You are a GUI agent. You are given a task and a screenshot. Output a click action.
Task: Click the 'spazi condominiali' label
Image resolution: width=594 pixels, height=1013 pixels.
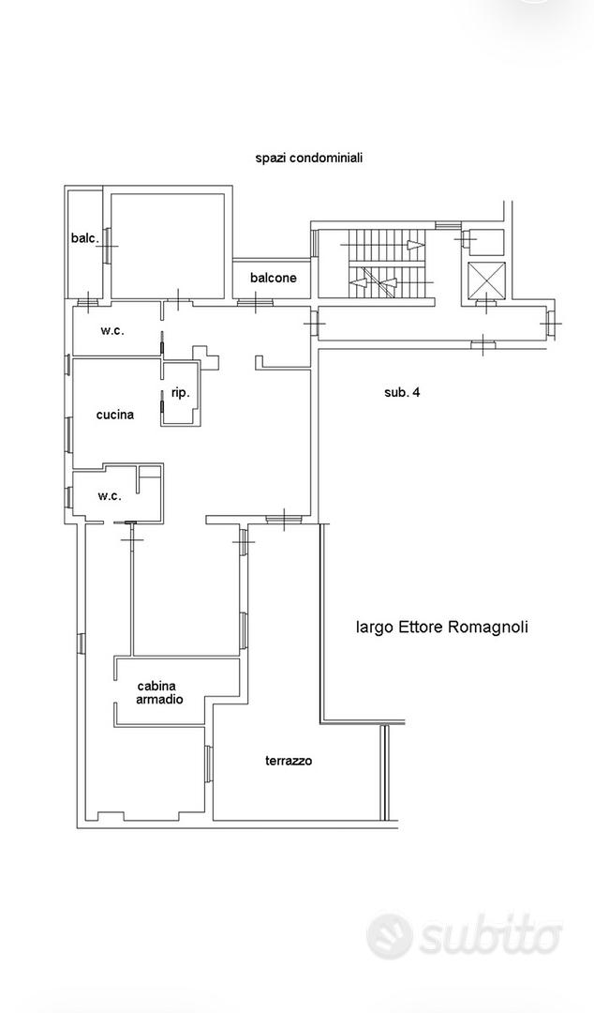coord(308,158)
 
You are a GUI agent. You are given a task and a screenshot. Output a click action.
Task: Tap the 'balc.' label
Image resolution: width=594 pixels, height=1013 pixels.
coord(85,238)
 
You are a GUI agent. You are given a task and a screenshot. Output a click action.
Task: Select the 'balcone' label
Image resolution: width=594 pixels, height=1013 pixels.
coord(274,278)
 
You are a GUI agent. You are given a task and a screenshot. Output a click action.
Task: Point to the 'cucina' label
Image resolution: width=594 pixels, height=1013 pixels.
coord(115,415)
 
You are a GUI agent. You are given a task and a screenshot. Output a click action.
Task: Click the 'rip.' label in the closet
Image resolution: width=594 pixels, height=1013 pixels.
coord(180,392)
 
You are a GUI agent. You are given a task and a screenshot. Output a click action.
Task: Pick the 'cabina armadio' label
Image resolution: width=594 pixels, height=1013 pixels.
coord(159,692)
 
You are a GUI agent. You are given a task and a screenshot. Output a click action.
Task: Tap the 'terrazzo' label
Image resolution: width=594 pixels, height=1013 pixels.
coord(289,761)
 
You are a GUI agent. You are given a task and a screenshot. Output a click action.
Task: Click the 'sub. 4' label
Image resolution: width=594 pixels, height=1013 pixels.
coord(402,392)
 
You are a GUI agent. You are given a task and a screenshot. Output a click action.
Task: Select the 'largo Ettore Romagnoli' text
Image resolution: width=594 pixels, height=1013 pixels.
coord(441,627)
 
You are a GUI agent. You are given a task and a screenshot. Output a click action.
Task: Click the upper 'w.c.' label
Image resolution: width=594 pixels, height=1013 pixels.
coord(111,331)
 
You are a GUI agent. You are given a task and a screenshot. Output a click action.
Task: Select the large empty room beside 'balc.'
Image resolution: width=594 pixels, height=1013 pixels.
coord(168,246)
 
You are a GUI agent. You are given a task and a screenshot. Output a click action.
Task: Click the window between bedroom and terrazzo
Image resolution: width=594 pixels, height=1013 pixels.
coord(209,764)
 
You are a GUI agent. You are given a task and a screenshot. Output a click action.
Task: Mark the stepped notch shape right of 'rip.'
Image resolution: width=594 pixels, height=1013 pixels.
coord(206,356)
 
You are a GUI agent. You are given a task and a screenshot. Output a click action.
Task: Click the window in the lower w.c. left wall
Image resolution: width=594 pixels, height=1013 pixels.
coord(67,496)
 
